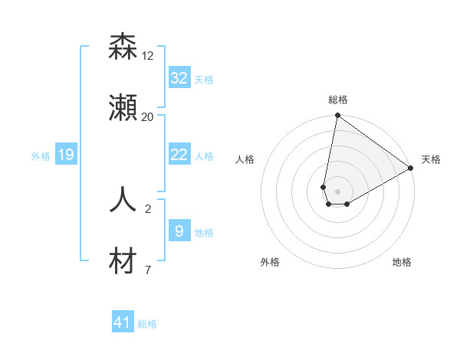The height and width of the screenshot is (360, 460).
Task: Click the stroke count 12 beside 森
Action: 148,56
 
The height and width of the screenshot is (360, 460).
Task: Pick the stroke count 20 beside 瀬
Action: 148,117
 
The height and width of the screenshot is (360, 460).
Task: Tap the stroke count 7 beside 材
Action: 148,270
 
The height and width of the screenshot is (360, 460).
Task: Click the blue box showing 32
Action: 179,78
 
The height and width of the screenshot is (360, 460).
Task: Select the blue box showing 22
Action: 179,155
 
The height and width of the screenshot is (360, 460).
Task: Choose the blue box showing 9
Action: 179,231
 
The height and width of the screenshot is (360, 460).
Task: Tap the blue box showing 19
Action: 65,155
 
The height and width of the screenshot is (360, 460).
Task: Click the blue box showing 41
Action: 123,322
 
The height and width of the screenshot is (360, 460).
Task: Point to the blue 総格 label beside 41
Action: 147,324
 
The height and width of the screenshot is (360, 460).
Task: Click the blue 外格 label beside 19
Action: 41,156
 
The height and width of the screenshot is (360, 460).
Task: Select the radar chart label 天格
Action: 431,159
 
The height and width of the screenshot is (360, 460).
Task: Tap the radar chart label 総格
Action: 338,100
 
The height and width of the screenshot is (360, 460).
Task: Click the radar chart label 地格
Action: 402,262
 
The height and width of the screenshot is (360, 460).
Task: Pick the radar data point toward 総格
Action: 337,116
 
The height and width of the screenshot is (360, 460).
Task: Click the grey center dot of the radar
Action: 337,192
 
